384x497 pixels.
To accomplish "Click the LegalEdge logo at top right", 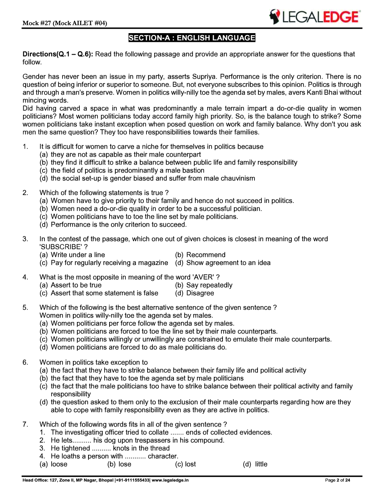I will tap(314, 17).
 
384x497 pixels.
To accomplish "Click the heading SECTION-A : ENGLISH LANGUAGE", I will tap(192, 38).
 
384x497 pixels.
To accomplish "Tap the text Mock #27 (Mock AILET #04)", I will tap(65, 23).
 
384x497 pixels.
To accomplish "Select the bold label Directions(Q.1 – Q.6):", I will tap(58, 54).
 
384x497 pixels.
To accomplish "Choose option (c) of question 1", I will tap(122, 171).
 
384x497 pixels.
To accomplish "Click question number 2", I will tap(25, 193).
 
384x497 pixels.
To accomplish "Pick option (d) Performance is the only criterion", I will tap(113, 225).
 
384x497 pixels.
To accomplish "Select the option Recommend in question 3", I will tap(206, 255).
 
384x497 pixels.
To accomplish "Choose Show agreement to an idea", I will tap(228, 263).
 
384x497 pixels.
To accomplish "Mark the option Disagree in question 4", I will tap(200, 293).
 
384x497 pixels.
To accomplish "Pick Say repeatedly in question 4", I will tap(209, 285).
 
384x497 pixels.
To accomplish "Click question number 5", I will tap(25, 308).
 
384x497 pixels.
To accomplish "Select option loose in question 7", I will tap(59, 464).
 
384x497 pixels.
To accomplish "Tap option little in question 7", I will tap(261, 464).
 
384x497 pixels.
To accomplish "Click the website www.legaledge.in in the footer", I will tap(170, 480).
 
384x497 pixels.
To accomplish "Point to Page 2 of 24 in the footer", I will tap(337, 480).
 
